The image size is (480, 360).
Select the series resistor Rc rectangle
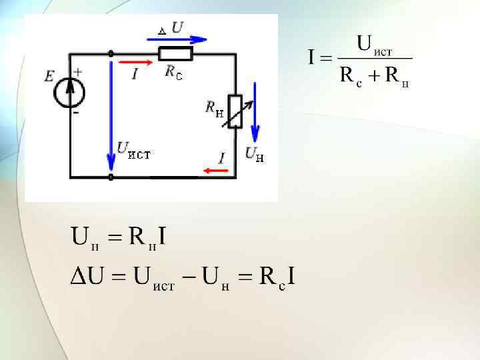(175, 53)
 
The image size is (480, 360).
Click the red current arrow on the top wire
(135, 62)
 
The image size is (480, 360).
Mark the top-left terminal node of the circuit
(111, 53)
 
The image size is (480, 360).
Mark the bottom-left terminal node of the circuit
(111, 177)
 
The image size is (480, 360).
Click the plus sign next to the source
(78, 71)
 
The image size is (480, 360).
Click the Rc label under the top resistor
(173, 71)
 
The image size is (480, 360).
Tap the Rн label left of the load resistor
(215, 108)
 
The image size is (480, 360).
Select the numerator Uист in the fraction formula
(375, 45)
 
